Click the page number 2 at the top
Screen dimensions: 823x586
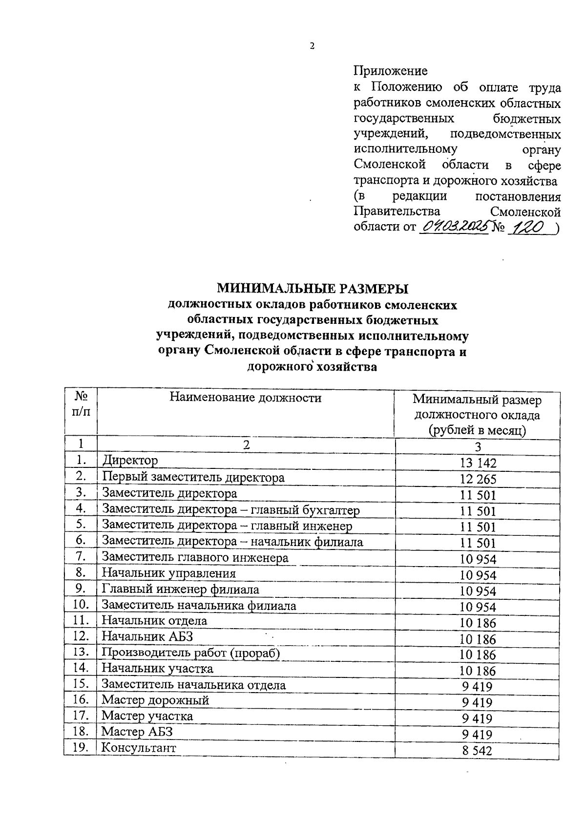tap(312, 46)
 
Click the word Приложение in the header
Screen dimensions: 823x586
tap(390, 71)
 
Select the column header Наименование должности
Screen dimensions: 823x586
tap(246, 398)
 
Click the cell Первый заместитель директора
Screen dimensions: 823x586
tap(193, 477)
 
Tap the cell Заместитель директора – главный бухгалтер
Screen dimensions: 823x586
tap(230, 510)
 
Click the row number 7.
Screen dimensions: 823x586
tap(81, 556)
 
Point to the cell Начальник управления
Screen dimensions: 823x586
tap(168, 573)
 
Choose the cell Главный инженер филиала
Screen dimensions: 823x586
tap(180, 590)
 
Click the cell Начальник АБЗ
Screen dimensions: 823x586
tap(147, 637)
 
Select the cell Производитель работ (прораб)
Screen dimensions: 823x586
tap(190, 653)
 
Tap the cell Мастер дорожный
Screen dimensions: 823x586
tap(155, 700)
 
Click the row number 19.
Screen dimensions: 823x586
tap(81, 747)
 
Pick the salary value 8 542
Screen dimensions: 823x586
tap(478, 751)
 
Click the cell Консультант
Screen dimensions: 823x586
tap(139, 748)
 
